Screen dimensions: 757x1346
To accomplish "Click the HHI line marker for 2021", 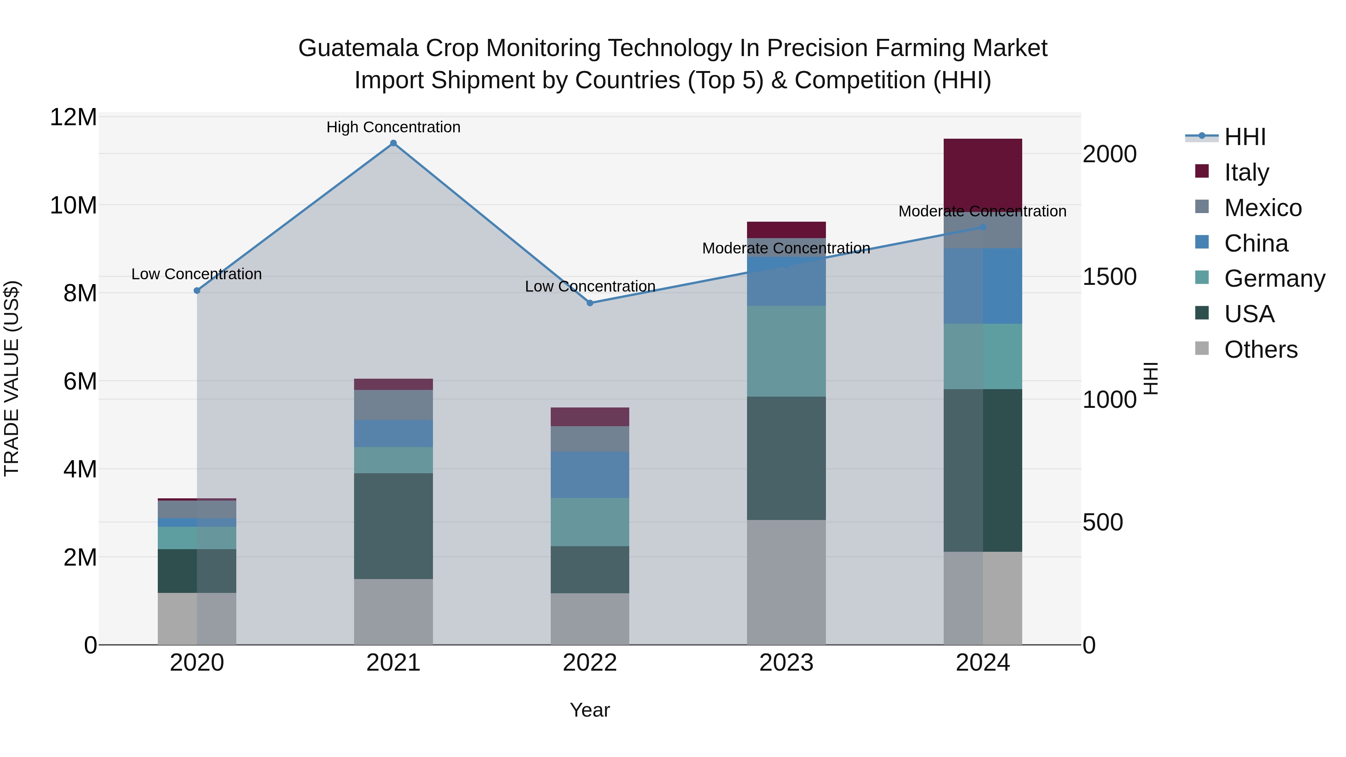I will tap(393, 143).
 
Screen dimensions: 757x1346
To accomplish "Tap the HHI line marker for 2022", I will tap(590, 303).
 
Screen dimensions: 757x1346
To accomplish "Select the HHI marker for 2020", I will tap(197, 290).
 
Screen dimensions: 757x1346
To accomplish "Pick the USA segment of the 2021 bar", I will tap(393, 526).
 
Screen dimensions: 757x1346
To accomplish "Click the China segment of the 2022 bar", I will tap(590, 474).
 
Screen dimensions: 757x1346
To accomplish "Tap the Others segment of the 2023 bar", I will tap(786, 582).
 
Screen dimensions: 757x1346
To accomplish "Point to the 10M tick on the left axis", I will tap(73, 205).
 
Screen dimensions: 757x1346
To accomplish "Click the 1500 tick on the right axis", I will tap(1109, 277).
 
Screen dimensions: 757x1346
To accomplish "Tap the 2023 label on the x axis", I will tap(786, 663).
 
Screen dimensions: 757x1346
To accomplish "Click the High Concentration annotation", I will tap(393, 127).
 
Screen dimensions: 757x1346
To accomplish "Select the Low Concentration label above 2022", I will tap(590, 286).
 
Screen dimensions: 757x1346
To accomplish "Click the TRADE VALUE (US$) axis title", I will tap(12, 378).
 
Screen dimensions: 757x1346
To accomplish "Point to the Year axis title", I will tap(590, 710).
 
